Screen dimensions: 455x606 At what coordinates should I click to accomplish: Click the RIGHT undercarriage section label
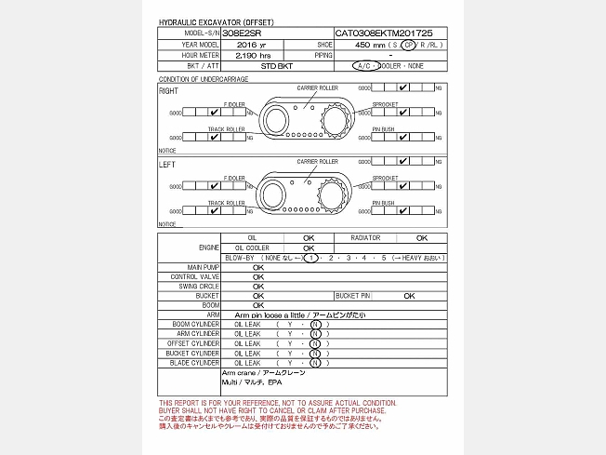pyautogui.click(x=169, y=91)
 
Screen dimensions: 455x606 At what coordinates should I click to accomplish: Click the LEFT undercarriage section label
pyautogui.click(x=167, y=165)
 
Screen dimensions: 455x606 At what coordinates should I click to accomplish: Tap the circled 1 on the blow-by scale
pyautogui.click(x=311, y=258)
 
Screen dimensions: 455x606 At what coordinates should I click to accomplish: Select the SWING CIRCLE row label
pyautogui.click(x=197, y=286)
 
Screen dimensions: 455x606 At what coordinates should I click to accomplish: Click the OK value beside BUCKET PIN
pyautogui.click(x=409, y=296)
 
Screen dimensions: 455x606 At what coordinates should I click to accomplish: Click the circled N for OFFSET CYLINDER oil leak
pyautogui.click(x=315, y=343)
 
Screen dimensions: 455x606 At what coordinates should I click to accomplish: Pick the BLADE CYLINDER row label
pyautogui.click(x=195, y=363)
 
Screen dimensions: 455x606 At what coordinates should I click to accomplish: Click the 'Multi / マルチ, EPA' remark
pyautogui.click(x=251, y=382)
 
